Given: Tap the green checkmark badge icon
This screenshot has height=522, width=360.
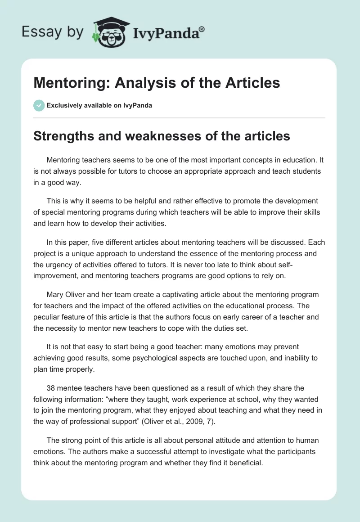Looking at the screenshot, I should (x=39, y=105).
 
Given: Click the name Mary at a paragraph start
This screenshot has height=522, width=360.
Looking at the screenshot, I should (x=54, y=294).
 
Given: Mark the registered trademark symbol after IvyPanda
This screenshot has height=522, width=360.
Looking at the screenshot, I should (x=202, y=29).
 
